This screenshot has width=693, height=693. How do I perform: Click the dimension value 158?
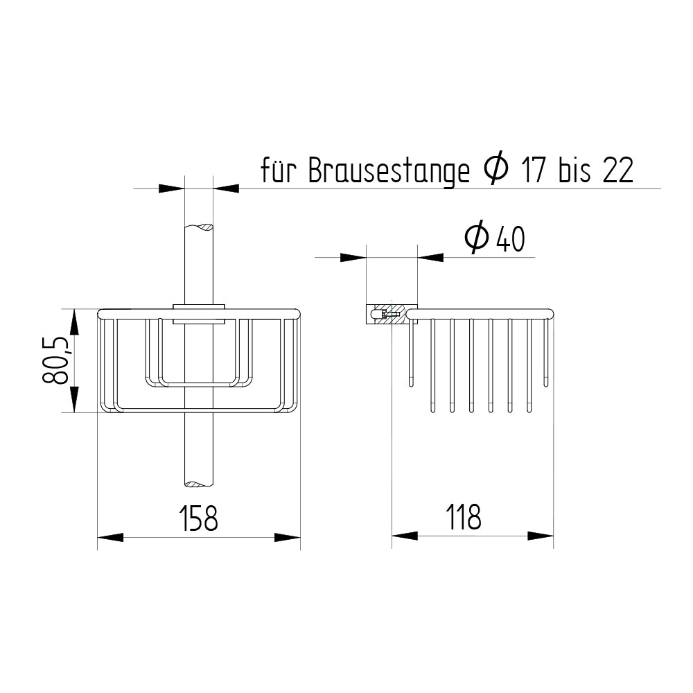198,518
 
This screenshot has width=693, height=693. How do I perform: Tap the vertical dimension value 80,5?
55,360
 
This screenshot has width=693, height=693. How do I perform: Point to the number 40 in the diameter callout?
509,239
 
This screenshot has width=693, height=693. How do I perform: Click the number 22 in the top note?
617,171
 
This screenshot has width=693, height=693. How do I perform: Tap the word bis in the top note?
574,171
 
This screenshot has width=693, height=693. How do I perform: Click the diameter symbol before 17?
495,170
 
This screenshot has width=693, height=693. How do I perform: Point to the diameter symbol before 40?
477,238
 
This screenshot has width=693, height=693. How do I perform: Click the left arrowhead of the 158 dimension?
109,537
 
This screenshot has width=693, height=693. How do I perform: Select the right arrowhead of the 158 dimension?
288,537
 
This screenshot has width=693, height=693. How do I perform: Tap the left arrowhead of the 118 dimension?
405,536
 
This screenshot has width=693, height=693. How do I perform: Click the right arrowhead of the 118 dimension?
541,536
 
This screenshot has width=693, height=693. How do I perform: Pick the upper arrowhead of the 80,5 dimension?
74,322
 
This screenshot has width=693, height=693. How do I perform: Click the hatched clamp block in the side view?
391,314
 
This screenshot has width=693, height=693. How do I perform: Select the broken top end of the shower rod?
200,227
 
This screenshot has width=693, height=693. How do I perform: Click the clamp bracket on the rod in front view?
200,313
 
